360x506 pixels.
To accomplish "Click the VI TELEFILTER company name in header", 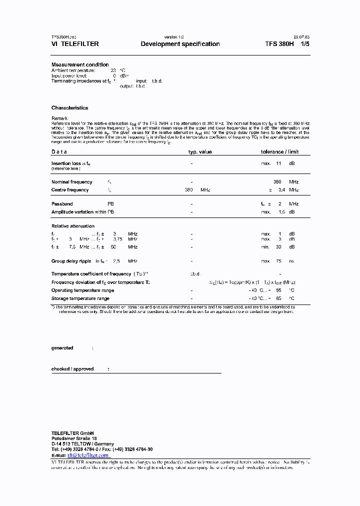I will (x=75, y=44).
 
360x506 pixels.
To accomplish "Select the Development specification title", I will (x=180, y=44).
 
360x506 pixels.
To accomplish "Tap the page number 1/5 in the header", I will (x=304, y=44).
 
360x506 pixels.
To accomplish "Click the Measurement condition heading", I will (x=80, y=64).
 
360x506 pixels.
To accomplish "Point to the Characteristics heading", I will (x=69, y=107).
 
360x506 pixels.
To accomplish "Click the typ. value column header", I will (x=199, y=151).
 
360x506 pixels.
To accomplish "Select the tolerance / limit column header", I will (x=279, y=151).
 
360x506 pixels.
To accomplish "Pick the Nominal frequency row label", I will (x=71, y=182).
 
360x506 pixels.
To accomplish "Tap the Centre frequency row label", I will (x=70, y=189).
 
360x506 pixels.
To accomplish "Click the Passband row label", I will (x=62, y=204).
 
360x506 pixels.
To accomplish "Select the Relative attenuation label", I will (x=72, y=226).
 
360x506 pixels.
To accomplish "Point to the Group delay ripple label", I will (x=71, y=261).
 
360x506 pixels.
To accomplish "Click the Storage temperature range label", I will (x=80, y=298).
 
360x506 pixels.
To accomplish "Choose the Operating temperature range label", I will (x=83, y=290).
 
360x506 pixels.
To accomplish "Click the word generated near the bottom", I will (x=62, y=347).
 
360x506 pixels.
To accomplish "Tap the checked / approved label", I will (x=72, y=369).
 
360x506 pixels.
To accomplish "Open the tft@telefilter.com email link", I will (x=88, y=455).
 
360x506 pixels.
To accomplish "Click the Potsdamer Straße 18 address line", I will (x=74, y=438).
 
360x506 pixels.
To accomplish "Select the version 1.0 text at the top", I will (x=174, y=37).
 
